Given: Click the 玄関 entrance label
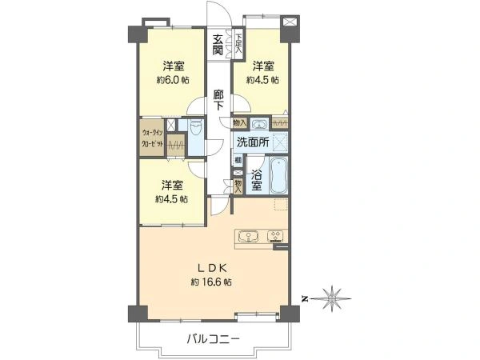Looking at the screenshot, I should pyautogui.click(x=218, y=45).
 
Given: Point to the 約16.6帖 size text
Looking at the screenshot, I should pyautogui.click(x=211, y=282).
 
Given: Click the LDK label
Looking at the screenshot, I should pyautogui.click(x=211, y=267).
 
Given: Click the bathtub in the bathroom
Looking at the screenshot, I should pyautogui.click(x=279, y=176).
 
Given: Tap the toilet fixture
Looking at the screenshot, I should pyautogui.click(x=196, y=130).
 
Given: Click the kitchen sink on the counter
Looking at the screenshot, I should pyautogui.click(x=250, y=236).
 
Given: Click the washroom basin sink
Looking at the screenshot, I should pyautogui.click(x=259, y=123).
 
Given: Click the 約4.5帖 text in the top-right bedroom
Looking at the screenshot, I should pyautogui.click(x=262, y=80).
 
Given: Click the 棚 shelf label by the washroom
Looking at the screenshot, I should pyautogui.click(x=238, y=160).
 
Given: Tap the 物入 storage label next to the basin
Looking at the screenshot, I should pyautogui.click(x=239, y=123).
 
